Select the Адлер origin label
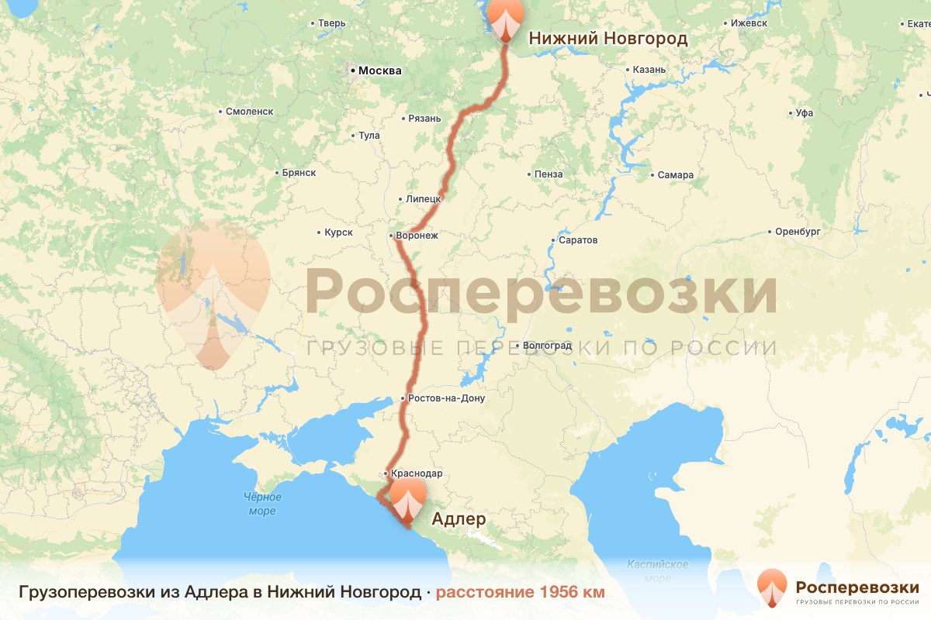pyautogui.click(x=458, y=518)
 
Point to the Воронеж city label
pyautogui.click(x=417, y=235)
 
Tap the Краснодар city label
pyautogui.click(x=417, y=474)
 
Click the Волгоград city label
pyautogui.click(x=547, y=345)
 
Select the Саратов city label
pyautogui.click(x=578, y=240)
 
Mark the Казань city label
pyautogui.click(x=649, y=70)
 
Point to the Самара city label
pyautogui.click(x=675, y=175)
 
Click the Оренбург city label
pyautogui.click(x=798, y=232)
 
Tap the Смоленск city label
pyautogui.click(x=249, y=112)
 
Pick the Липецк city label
pyautogui.click(x=423, y=199)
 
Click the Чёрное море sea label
pyautogui.click(x=262, y=504)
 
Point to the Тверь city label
pyautogui.click(x=331, y=23)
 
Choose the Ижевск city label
pyautogui.click(x=749, y=23)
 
